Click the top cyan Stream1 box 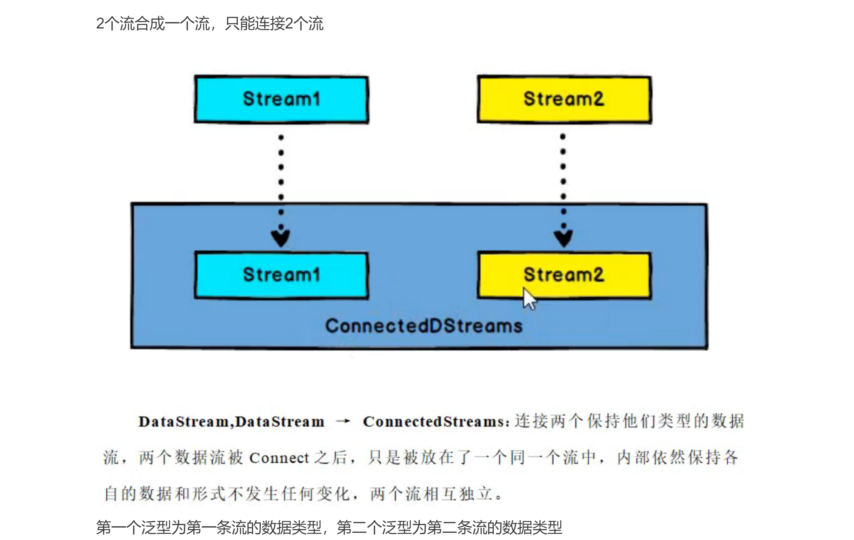[281, 99]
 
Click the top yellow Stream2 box [564, 99]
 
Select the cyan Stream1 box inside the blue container [281, 275]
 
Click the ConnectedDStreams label [424, 326]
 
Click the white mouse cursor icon [529, 299]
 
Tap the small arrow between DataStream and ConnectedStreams [343, 421]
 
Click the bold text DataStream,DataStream [231, 422]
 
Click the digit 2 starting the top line [100, 24]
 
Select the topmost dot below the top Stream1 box [281, 137]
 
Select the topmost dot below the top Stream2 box [563, 136]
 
